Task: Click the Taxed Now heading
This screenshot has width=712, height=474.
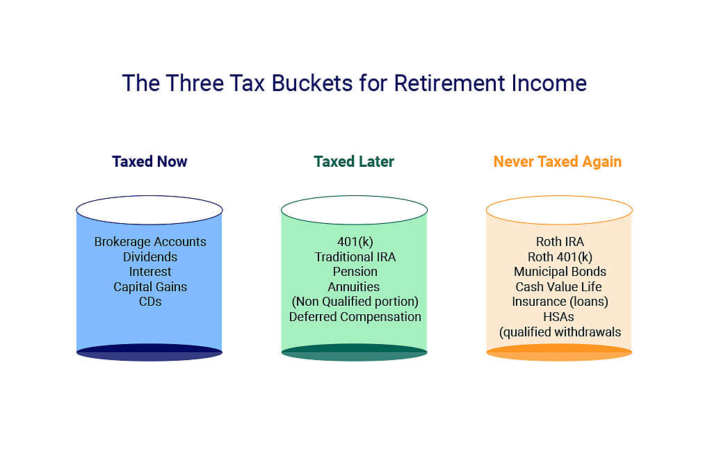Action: click(149, 162)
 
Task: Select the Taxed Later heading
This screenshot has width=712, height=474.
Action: click(354, 162)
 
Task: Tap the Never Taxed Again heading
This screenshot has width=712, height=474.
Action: click(558, 162)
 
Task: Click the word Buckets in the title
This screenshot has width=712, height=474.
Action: click(312, 83)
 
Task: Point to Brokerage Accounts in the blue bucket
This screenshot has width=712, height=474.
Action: click(150, 242)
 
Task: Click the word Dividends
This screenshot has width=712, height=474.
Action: click(150, 257)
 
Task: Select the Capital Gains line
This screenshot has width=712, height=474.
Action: click(150, 287)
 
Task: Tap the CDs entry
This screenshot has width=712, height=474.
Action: click(150, 302)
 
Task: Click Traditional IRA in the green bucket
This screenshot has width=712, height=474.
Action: click(355, 257)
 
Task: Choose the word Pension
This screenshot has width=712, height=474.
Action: click(355, 272)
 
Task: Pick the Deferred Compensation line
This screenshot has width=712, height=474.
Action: click(355, 317)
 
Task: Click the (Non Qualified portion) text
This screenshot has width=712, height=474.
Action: click(355, 302)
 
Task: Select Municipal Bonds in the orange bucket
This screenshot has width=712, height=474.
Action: click(560, 272)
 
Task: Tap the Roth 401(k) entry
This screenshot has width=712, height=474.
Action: click(560, 257)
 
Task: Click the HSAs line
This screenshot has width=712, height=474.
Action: click(559, 317)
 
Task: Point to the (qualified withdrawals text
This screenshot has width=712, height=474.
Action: click(560, 332)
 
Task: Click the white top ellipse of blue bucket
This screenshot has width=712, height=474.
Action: click(149, 210)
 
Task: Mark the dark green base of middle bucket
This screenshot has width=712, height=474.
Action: click(354, 353)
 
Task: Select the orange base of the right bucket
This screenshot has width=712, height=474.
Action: click(559, 353)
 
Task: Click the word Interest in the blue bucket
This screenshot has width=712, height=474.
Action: click(150, 272)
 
